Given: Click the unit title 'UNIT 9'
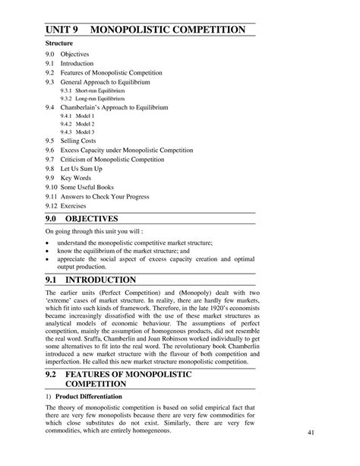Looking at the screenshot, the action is tap(64, 30).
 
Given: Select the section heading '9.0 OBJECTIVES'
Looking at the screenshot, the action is tap(91, 219).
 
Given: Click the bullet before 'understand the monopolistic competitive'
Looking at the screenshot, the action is tap(47, 240).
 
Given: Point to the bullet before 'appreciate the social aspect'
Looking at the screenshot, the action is tap(47, 258).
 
